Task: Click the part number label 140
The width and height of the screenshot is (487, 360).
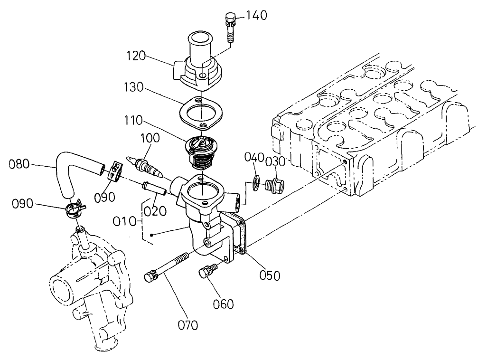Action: [x=257, y=16]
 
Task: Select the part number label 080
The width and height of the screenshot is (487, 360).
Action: [x=20, y=165]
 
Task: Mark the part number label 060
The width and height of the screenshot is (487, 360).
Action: [x=223, y=303]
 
